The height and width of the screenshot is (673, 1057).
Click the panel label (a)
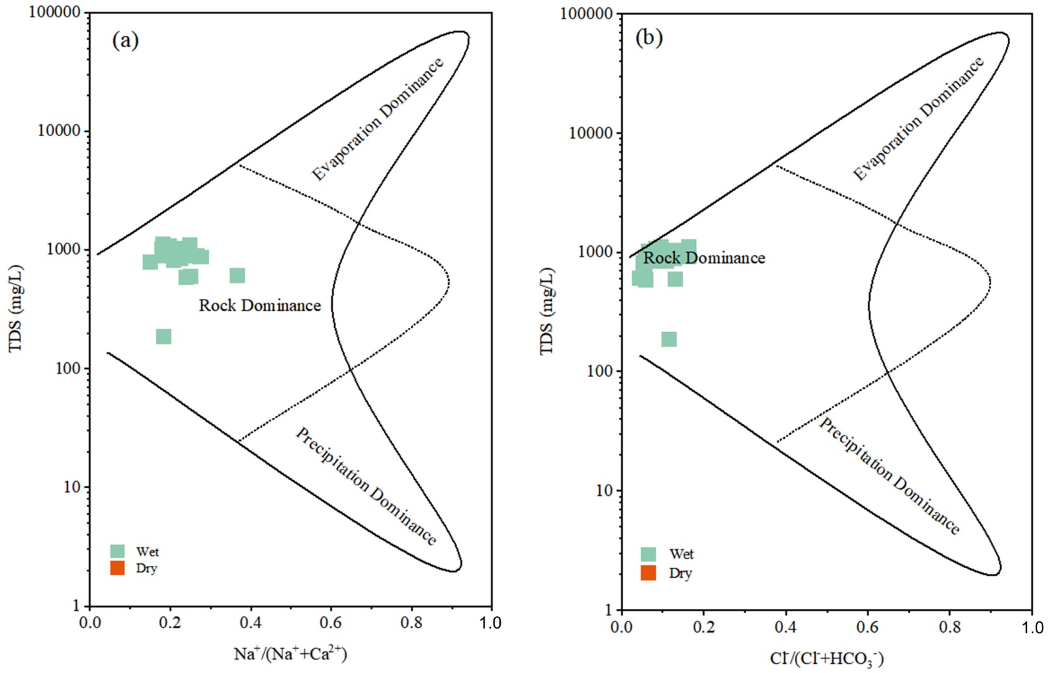[125, 41]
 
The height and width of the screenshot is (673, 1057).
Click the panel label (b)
[648, 38]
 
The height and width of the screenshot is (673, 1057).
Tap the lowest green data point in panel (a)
[163, 336]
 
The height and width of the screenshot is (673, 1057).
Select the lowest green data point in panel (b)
[669, 339]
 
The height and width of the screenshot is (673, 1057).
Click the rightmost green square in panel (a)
[237, 276]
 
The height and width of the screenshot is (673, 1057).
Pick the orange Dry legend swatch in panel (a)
[118, 568]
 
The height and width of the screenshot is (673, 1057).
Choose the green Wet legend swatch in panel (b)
[648, 554]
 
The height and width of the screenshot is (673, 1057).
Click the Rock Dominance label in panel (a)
[259, 305]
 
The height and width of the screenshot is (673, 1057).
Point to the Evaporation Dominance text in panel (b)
[918, 119]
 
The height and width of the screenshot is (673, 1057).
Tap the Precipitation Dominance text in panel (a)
[366, 486]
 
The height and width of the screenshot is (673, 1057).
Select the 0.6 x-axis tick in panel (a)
[331, 623]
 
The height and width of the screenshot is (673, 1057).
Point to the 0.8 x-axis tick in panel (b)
[950, 626]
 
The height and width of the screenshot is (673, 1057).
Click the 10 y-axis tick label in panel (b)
[603, 491]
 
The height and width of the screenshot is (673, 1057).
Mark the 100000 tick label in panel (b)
[586, 14]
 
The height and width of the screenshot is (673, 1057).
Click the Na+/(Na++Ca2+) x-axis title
[290, 654]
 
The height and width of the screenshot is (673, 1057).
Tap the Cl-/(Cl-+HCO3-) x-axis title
[827, 658]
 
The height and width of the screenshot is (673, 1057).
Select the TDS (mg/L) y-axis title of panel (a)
[16, 308]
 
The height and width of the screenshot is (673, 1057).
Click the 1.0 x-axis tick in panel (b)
[1032, 627]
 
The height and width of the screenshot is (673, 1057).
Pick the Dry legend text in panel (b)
[680, 573]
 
